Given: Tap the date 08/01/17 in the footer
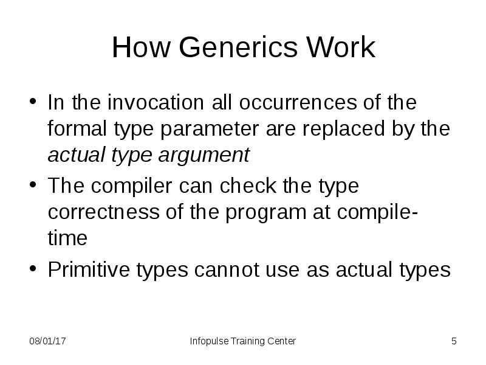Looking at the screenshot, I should [x=48, y=341].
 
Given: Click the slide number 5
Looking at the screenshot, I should [x=453, y=341].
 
